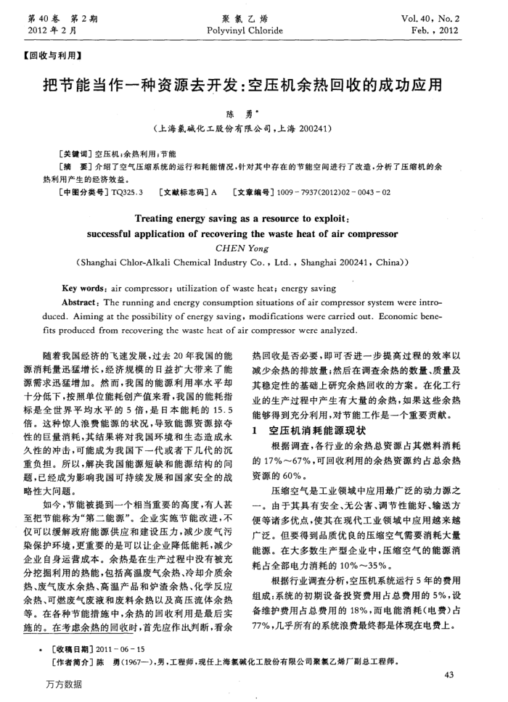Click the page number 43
point(447,656)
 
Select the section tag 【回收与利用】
point(52,55)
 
